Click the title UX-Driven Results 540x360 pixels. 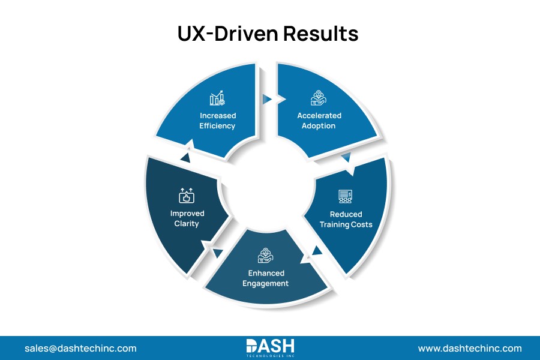tap(268, 34)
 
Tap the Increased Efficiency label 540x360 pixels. tap(218, 121)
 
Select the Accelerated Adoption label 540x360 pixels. tap(319, 121)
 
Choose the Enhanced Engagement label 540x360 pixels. tap(266, 278)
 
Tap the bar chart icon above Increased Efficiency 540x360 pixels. tap(217, 98)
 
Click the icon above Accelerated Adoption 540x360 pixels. tap(319, 98)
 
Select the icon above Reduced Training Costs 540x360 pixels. tap(345, 196)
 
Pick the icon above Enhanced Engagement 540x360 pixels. tap(266, 256)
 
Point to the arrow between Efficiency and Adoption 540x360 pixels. tap(267, 99)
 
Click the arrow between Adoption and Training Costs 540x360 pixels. tap(346, 159)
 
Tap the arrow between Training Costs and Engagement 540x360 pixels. tap(317, 251)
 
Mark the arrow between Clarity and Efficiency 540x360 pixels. tap(185, 158)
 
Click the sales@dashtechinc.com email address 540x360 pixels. tap(80, 348)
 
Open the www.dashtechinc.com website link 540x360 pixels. tap(470, 348)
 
